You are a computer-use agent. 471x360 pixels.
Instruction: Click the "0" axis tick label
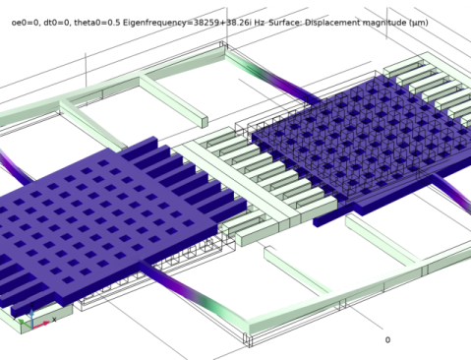coord(386,339)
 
